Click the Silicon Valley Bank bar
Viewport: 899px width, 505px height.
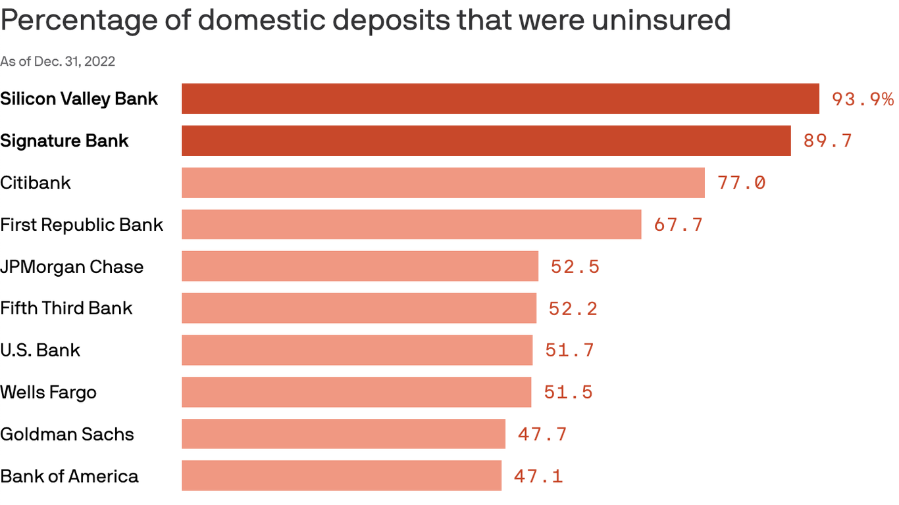[500, 99]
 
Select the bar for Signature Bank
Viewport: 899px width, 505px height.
[486, 141]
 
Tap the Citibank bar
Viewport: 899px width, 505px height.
[443, 183]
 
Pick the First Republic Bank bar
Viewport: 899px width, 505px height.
[411, 224]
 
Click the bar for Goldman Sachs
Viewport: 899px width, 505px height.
[343, 434]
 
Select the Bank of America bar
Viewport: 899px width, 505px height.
[341, 475]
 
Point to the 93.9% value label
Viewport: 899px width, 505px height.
[862, 99]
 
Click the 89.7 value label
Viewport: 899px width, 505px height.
[827, 141]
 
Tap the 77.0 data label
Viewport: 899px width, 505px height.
[742, 183]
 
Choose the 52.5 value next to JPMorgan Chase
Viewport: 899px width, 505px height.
[575, 266]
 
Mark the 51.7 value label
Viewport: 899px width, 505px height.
[569, 350]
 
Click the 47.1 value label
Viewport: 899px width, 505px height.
[538, 476]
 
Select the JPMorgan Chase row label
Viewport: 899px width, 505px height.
[72, 266]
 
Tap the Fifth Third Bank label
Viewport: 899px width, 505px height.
[66, 308]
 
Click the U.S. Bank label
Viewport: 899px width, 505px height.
[40, 350]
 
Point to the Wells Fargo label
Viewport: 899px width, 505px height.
[48, 392]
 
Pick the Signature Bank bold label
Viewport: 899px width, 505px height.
[64, 141]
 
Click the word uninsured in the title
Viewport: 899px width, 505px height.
[661, 20]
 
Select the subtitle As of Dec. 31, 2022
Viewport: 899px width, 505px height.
[58, 61]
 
